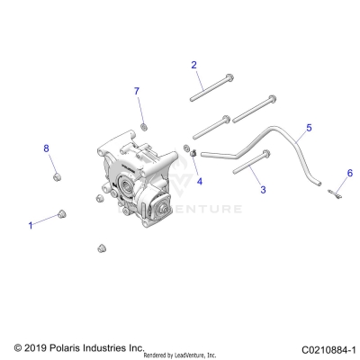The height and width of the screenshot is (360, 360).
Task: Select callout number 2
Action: coord(193,64)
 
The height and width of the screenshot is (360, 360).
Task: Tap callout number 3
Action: coord(263,190)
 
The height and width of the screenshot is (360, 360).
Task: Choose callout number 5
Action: coord(308,129)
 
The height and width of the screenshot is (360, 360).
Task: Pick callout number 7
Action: coord(138,92)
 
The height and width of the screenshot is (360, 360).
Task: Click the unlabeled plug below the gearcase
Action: coord(102,245)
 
